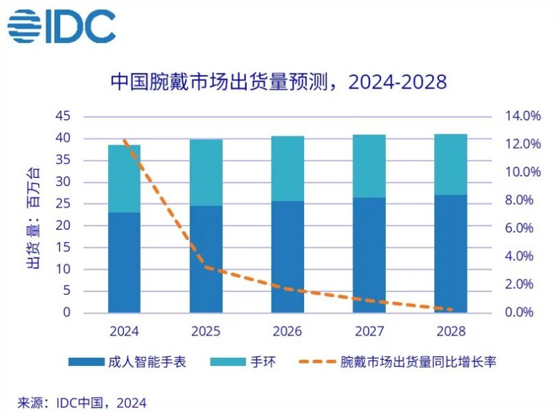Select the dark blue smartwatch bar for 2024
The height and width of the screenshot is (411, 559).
coord(125,262)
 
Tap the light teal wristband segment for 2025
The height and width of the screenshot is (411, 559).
coord(206,172)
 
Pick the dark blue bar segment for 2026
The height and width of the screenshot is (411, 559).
coord(287,257)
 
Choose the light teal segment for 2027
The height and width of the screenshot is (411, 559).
coord(369,166)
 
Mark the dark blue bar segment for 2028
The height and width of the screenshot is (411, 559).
coord(451,253)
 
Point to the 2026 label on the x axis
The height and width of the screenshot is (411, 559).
coord(287,331)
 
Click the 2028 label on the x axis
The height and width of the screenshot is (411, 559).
coord(451,331)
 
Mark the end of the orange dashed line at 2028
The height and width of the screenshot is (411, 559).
coord(452,309)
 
